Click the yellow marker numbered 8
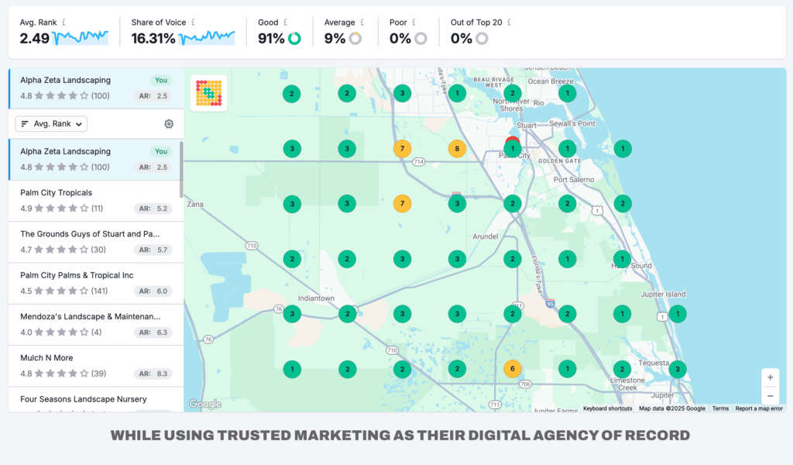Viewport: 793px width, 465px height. [x=457, y=149]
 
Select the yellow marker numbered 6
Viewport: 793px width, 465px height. [x=511, y=369]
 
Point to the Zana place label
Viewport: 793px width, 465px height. [x=194, y=204]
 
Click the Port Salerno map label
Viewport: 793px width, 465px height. [x=574, y=180]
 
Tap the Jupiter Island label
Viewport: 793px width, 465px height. [x=664, y=294]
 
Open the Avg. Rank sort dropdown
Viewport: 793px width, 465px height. [x=52, y=124]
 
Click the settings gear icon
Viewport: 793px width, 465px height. [x=169, y=124]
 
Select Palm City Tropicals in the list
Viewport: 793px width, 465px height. [x=57, y=193]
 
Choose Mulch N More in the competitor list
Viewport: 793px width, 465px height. [x=46, y=358]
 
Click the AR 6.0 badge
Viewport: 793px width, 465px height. [x=153, y=291]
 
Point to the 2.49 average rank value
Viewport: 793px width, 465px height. [x=34, y=38]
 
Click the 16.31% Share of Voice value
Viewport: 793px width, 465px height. [x=153, y=38]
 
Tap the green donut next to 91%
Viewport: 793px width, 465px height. [x=294, y=39]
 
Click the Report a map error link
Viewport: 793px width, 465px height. [x=758, y=408]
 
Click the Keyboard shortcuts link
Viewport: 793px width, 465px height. [x=607, y=408]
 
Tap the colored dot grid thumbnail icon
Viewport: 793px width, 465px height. [x=208, y=93]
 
